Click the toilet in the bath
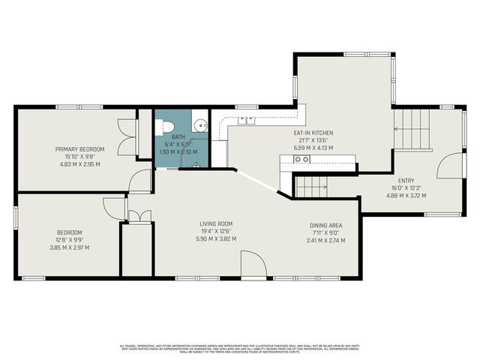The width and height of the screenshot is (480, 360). click(166, 126)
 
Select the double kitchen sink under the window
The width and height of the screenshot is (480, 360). click(247, 120)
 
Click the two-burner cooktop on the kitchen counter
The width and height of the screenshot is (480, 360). click(302, 159)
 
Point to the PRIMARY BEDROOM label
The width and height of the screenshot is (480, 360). click(80, 149)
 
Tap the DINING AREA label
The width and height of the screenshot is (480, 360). click(326, 225)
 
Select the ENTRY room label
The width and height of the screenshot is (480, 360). click(406, 180)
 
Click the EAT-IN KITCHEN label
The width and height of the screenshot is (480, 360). click(313, 133)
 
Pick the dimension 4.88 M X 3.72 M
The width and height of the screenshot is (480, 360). click(406, 195)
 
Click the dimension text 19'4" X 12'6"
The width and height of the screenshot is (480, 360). click(216, 232)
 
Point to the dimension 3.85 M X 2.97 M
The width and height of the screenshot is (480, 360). click(69, 247)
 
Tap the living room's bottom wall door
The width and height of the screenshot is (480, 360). click(253, 265)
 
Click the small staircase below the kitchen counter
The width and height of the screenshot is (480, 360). click(310, 185)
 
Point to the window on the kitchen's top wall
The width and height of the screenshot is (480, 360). click(367, 53)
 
